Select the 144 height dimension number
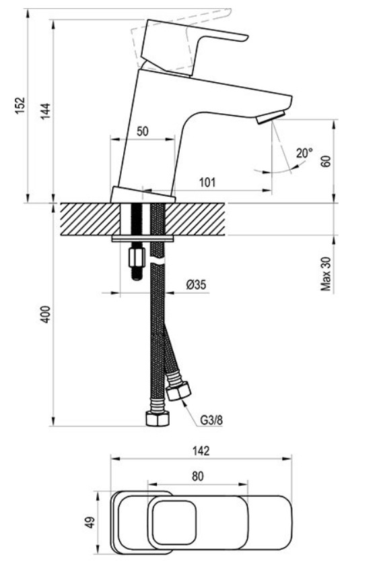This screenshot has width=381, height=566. (45, 112)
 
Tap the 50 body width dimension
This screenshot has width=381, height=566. (143, 131)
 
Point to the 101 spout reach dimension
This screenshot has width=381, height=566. (207, 183)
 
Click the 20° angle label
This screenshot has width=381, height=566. (304, 153)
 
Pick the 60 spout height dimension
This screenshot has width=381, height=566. (326, 161)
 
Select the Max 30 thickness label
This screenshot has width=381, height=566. (326, 274)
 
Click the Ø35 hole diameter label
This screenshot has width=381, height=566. (196, 285)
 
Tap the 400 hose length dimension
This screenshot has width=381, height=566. (45, 314)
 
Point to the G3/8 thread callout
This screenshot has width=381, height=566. (211, 420)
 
